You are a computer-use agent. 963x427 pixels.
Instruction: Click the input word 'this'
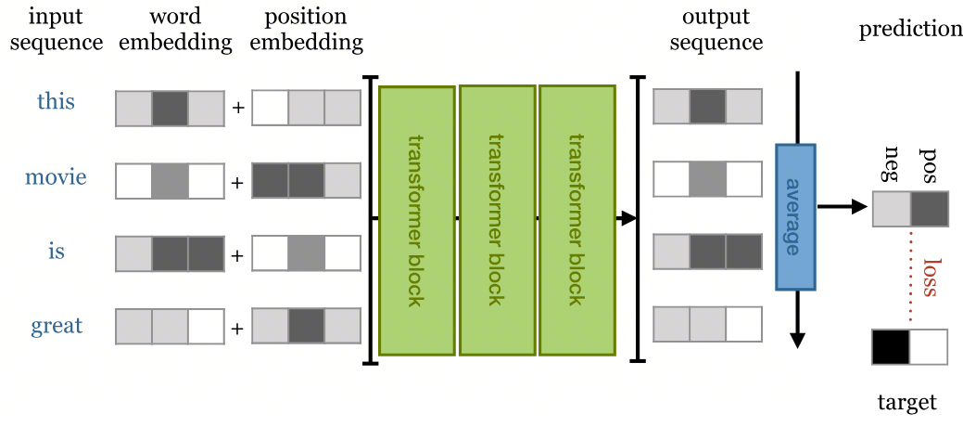pos(56,101)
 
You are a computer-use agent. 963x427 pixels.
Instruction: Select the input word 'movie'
pos(56,176)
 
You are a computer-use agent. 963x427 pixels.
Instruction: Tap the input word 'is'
pos(56,252)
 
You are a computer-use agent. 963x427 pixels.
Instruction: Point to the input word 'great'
pos(57,326)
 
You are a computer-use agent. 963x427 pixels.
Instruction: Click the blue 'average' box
pos(795,217)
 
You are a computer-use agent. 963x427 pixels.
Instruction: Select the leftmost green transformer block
pos(416,220)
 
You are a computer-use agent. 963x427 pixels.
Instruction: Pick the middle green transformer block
pos(497,220)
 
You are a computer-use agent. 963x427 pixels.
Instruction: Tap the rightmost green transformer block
pos(577,220)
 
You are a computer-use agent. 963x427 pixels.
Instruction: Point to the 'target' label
pos(906,403)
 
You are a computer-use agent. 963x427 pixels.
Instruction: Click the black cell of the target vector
pos(891,346)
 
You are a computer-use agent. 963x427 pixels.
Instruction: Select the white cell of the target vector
pos(929,346)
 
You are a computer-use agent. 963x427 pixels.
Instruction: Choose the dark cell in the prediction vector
pos(929,209)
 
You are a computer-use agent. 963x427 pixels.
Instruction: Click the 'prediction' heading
pos(910,29)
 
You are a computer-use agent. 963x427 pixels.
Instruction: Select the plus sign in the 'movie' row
pos(237,183)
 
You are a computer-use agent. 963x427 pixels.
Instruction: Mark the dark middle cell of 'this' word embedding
pos(170,108)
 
